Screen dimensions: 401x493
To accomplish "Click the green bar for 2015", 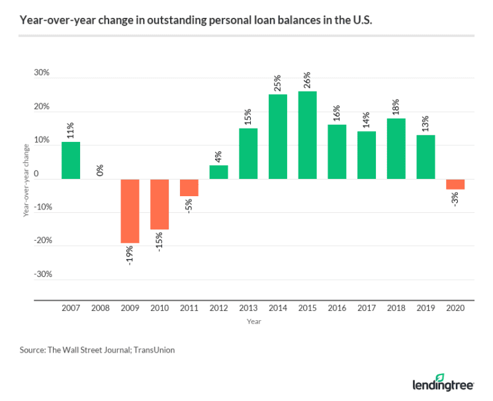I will (x=307, y=135).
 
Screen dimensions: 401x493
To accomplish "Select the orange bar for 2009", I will (x=130, y=211).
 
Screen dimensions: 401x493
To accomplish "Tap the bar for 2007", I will (x=71, y=160).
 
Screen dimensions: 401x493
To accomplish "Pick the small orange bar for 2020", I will (x=455, y=184).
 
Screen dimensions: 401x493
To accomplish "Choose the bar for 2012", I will (x=218, y=172).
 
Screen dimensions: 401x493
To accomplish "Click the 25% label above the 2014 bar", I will (x=278, y=84).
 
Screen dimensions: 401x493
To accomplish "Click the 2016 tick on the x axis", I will (x=337, y=309).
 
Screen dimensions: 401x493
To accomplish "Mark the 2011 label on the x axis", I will (x=189, y=309).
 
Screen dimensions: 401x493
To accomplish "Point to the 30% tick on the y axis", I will (x=42, y=73).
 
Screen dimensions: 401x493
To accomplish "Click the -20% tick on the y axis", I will (x=40, y=241).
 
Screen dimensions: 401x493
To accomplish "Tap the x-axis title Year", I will (x=254, y=322).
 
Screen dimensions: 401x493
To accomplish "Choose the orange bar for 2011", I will (x=189, y=188).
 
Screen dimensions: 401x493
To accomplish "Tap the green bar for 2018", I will (x=396, y=148).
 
